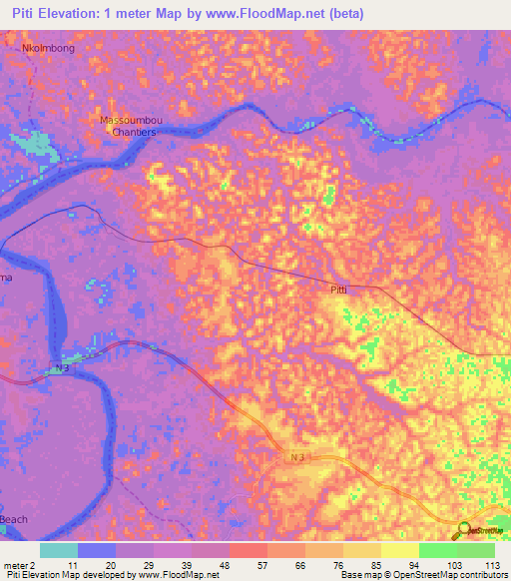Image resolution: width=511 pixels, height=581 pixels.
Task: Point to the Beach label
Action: coord(14,520)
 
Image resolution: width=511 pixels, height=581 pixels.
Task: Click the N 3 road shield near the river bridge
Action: coord(61,369)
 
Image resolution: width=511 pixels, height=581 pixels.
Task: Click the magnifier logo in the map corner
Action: coord(465,531)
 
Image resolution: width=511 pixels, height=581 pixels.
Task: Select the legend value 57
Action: coord(248,564)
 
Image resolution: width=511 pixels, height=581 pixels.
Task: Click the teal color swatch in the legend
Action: coord(59,549)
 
